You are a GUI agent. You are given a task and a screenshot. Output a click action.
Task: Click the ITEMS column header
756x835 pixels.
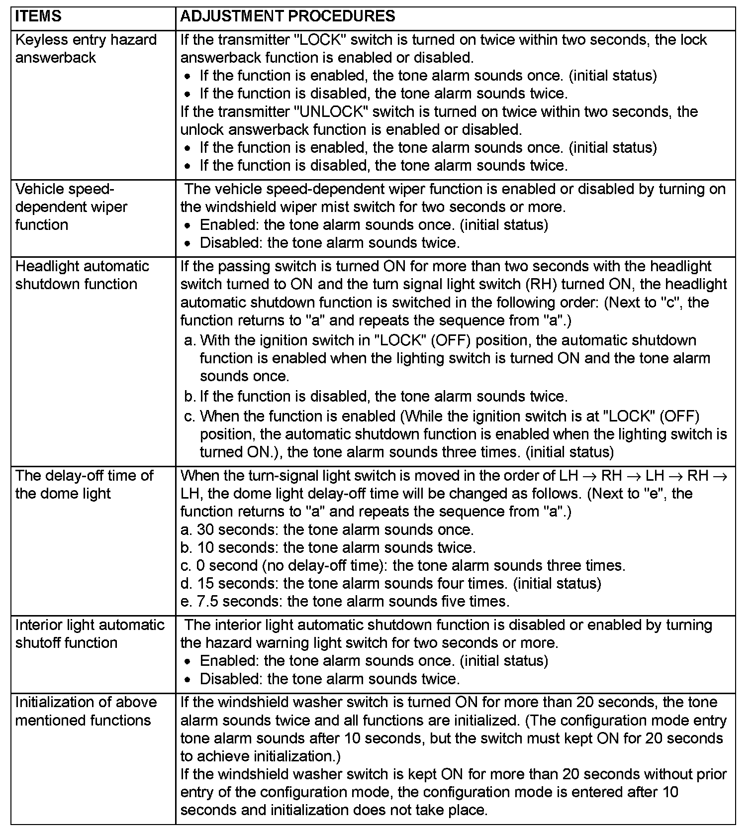tap(38, 16)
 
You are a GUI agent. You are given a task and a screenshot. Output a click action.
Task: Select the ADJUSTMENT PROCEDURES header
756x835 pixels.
tap(287, 16)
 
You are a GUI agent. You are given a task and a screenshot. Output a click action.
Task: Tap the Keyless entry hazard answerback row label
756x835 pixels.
tap(86, 49)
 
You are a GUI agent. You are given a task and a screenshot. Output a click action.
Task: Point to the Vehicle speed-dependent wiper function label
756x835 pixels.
tap(71, 207)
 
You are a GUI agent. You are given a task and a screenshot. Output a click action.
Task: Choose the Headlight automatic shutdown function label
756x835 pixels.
tap(82, 275)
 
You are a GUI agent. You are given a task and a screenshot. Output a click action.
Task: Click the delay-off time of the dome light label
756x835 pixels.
tap(84, 485)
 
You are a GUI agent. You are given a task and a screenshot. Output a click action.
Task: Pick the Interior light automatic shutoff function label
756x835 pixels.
tap(90, 634)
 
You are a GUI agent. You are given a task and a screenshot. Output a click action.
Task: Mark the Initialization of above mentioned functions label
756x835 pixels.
tap(86, 711)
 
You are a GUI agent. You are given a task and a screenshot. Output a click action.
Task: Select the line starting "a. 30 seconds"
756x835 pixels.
tap(327, 529)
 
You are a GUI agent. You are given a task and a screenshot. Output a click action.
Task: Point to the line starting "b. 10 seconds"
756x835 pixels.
tap(328, 547)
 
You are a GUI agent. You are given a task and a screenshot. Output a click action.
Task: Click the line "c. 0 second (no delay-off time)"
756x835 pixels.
tap(402, 565)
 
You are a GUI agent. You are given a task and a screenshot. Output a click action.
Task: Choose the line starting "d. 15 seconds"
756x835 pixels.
tap(390, 583)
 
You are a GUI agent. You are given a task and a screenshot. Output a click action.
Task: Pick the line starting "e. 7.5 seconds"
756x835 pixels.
tap(345, 601)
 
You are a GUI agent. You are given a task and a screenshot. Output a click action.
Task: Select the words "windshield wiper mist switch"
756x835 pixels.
tap(309, 207)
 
